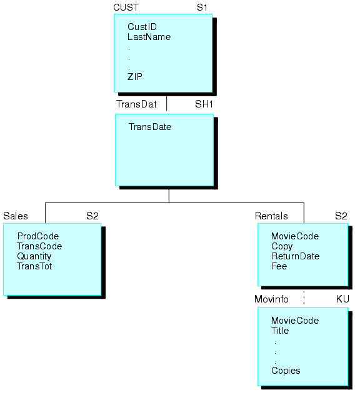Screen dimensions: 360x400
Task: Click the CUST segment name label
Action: click(126, 7)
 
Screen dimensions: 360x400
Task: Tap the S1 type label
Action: click(202, 7)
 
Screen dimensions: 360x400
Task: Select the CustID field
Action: click(142, 27)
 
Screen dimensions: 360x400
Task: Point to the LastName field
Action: click(149, 37)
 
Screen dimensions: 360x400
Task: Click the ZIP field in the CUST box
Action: click(135, 76)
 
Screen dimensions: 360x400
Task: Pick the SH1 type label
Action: click(204, 104)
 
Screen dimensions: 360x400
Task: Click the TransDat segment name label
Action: click(136, 104)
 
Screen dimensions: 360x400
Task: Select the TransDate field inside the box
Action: click(150, 127)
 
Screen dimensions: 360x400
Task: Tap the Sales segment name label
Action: click(15, 216)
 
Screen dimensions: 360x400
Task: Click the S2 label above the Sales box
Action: click(92, 216)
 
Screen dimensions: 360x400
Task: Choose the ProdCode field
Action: click(37, 236)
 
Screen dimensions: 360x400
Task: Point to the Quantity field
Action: click(34, 256)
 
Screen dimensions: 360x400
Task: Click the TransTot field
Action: click(34, 266)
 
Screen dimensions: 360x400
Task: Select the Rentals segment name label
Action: click(271, 216)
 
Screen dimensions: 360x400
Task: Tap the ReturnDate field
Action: click(295, 256)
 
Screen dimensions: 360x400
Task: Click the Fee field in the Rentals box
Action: click(279, 266)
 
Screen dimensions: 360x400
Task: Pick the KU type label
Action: click(342, 299)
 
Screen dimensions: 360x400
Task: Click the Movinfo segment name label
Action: click(271, 299)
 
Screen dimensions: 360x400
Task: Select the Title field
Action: click(280, 331)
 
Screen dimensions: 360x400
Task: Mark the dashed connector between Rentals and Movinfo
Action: click(304, 297)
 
